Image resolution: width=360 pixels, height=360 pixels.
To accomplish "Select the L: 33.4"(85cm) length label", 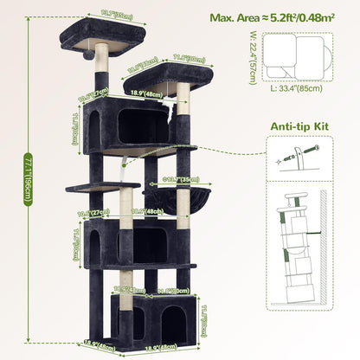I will pos(299,87).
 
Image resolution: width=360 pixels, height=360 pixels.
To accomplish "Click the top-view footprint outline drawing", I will pos(299,56).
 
